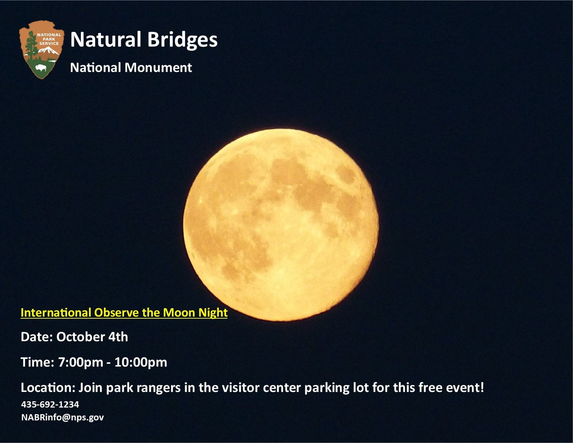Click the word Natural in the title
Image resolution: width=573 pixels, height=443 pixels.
(106, 40)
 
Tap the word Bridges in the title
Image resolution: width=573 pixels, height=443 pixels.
(182, 40)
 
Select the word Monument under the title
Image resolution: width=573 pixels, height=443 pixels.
(158, 68)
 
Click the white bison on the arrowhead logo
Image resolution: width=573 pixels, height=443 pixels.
(41, 68)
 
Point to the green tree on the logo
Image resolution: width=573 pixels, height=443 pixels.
(31, 45)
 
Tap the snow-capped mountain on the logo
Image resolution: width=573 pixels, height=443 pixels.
(48, 50)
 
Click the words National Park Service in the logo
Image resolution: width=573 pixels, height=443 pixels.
(49, 39)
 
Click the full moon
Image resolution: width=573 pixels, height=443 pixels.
(281, 225)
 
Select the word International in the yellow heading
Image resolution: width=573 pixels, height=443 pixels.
(56, 313)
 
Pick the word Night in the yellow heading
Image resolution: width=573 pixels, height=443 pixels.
(213, 313)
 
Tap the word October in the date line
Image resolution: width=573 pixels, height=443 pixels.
(81, 337)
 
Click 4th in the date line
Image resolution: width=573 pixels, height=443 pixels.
(118, 337)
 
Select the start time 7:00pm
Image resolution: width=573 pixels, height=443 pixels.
(81, 362)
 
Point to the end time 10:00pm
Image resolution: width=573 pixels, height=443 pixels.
(141, 362)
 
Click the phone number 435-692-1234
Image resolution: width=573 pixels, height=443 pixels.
(50, 404)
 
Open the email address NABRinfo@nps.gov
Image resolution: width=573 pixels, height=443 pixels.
(63, 418)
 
